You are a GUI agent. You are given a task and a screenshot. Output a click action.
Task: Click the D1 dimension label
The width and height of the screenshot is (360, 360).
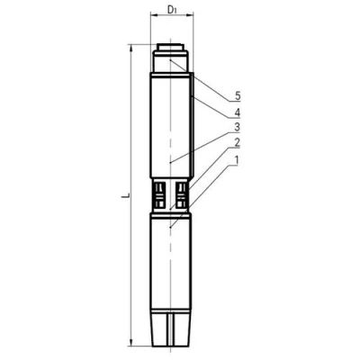[x=172, y=10]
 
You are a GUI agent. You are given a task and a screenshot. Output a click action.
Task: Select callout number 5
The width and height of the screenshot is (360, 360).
[x=238, y=96]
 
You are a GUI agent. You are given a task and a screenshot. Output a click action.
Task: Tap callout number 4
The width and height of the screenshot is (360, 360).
[x=238, y=112]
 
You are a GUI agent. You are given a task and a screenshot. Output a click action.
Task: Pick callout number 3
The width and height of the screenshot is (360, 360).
[x=238, y=127]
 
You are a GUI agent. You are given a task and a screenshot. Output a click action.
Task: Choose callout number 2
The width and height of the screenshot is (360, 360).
[x=238, y=142]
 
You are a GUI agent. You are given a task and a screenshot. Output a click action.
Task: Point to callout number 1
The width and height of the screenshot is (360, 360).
[x=237, y=160]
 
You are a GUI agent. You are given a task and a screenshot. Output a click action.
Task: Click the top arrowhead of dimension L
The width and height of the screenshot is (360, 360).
[x=130, y=49]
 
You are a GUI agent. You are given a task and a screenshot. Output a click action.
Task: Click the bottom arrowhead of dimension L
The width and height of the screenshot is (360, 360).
[x=130, y=341]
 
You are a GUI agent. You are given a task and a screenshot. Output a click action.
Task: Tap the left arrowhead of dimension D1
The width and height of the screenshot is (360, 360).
[x=154, y=13]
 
